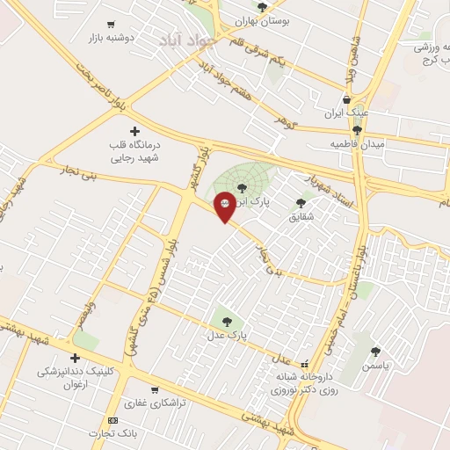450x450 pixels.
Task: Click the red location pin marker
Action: (x=225, y=205)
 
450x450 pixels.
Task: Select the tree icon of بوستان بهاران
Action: (x=262, y=7)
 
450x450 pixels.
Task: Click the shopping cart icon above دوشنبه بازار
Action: (x=110, y=25)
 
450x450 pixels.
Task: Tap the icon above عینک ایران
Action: (x=346, y=99)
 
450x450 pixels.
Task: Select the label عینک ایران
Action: (x=345, y=113)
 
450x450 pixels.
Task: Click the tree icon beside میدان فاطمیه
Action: (x=356, y=130)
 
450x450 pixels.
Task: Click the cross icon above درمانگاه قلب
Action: (x=134, y=130)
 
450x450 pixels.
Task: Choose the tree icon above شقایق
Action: (x=301, y=202)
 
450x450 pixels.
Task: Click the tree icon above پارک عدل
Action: (x=228, y=322)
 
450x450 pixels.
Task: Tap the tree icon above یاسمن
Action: (x=375, y=351)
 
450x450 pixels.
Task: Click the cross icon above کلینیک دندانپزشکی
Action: (x=75, y=358)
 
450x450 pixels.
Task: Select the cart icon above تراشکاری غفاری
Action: (x=155, y=390)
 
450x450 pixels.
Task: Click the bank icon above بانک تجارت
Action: (x=112, y=420)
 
